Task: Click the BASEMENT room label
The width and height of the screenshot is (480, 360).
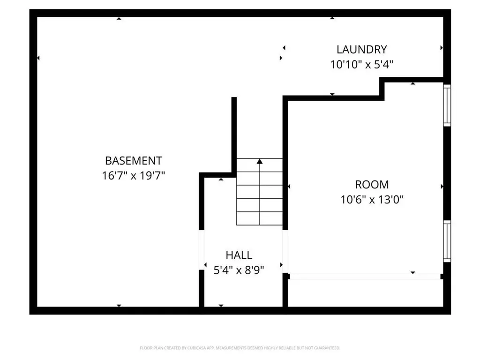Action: tap(134, 161)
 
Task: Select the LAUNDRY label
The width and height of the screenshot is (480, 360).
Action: tap(361, 49)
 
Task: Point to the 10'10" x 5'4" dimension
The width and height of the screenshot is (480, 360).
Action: tap(361, 65)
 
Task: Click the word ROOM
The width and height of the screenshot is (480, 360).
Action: tap(372, 185)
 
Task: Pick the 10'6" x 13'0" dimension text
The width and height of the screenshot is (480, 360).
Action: tap(372, 200)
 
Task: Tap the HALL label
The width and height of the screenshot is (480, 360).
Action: tap(239, 255)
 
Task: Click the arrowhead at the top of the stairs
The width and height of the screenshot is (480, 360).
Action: tap(260, 162)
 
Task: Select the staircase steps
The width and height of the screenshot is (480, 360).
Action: tap(260, 197)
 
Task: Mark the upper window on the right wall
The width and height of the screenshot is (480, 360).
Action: tap(447, 105)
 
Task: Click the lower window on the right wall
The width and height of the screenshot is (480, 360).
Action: tap(447, 241)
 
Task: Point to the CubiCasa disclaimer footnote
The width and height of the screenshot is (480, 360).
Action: tap(240, 348)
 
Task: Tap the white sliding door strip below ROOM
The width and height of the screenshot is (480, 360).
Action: tap(365, 277)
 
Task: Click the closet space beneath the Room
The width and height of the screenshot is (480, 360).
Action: tap(365, 293)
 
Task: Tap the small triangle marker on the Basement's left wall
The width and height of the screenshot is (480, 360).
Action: tap(38, 58)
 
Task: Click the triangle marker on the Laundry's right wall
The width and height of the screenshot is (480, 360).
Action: tap(441, 48)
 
